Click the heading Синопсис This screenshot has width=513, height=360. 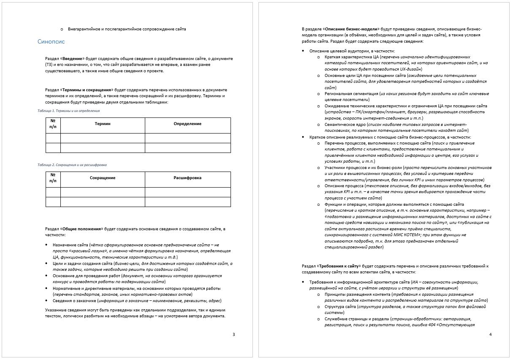(x=51, y=42)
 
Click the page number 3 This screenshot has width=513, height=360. (x=234, y=335)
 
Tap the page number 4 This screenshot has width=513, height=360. (x=490, y=335)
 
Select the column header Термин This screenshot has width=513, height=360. (x=103, y=124)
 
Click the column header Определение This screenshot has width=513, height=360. (x=187, y=124)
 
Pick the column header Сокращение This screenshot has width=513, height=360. (x=103, y=178)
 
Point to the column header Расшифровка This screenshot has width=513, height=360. (x=187, y=178)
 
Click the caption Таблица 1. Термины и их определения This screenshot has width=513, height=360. (x=68, y=111)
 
